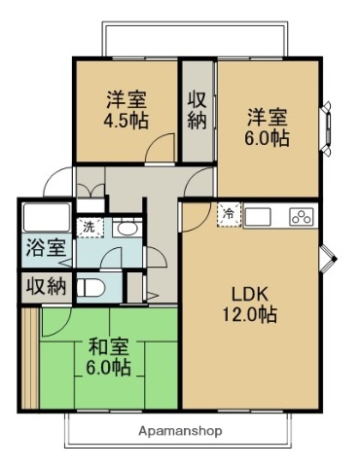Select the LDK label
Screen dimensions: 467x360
pos(249,295)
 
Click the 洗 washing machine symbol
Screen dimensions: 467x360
pos(90,226)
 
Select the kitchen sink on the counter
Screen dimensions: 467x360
pos(261,216)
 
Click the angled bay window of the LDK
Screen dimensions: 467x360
pos(329,259)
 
